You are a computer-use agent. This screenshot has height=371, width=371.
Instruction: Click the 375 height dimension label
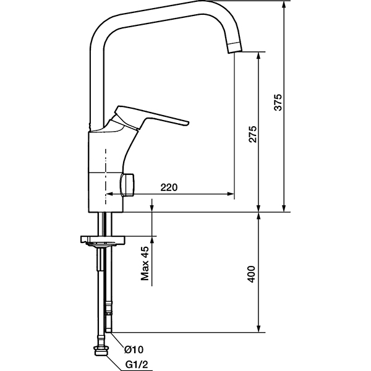tap(278, 103)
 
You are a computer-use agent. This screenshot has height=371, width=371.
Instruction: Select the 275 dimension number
tap(253, 134)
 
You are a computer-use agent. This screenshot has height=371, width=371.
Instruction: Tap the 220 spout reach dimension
tap(169, 187)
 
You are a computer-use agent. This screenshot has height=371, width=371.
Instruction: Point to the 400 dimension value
tap(251, 274)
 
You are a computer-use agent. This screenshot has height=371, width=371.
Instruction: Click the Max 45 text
tap(145, 263)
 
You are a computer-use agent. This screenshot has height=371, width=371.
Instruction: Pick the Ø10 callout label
tap(134, 349)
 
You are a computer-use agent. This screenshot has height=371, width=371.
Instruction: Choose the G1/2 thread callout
tap(137, 364)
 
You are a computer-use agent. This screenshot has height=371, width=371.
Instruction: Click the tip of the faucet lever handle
tap(188, 122)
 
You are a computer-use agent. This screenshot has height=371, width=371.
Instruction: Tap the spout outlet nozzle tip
tap(235, 51)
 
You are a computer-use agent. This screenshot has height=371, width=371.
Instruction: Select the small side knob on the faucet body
tap(128, 185)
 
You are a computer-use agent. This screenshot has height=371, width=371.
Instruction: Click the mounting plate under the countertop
tap(103, 239)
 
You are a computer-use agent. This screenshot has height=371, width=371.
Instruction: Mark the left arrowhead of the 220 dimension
tap(109, 194)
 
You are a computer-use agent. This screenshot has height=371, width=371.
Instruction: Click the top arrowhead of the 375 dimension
tap(284, 4)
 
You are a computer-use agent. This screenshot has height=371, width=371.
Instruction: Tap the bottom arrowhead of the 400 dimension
tap(258, 329)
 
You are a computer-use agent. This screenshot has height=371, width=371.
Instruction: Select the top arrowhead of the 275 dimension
tap(258, 55)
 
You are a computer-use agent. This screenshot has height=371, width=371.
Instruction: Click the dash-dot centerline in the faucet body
tap(106, 176)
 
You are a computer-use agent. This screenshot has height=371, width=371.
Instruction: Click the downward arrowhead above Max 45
tap(152, 208)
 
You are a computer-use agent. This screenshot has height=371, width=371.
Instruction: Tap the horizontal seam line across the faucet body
tap(106, 173)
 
